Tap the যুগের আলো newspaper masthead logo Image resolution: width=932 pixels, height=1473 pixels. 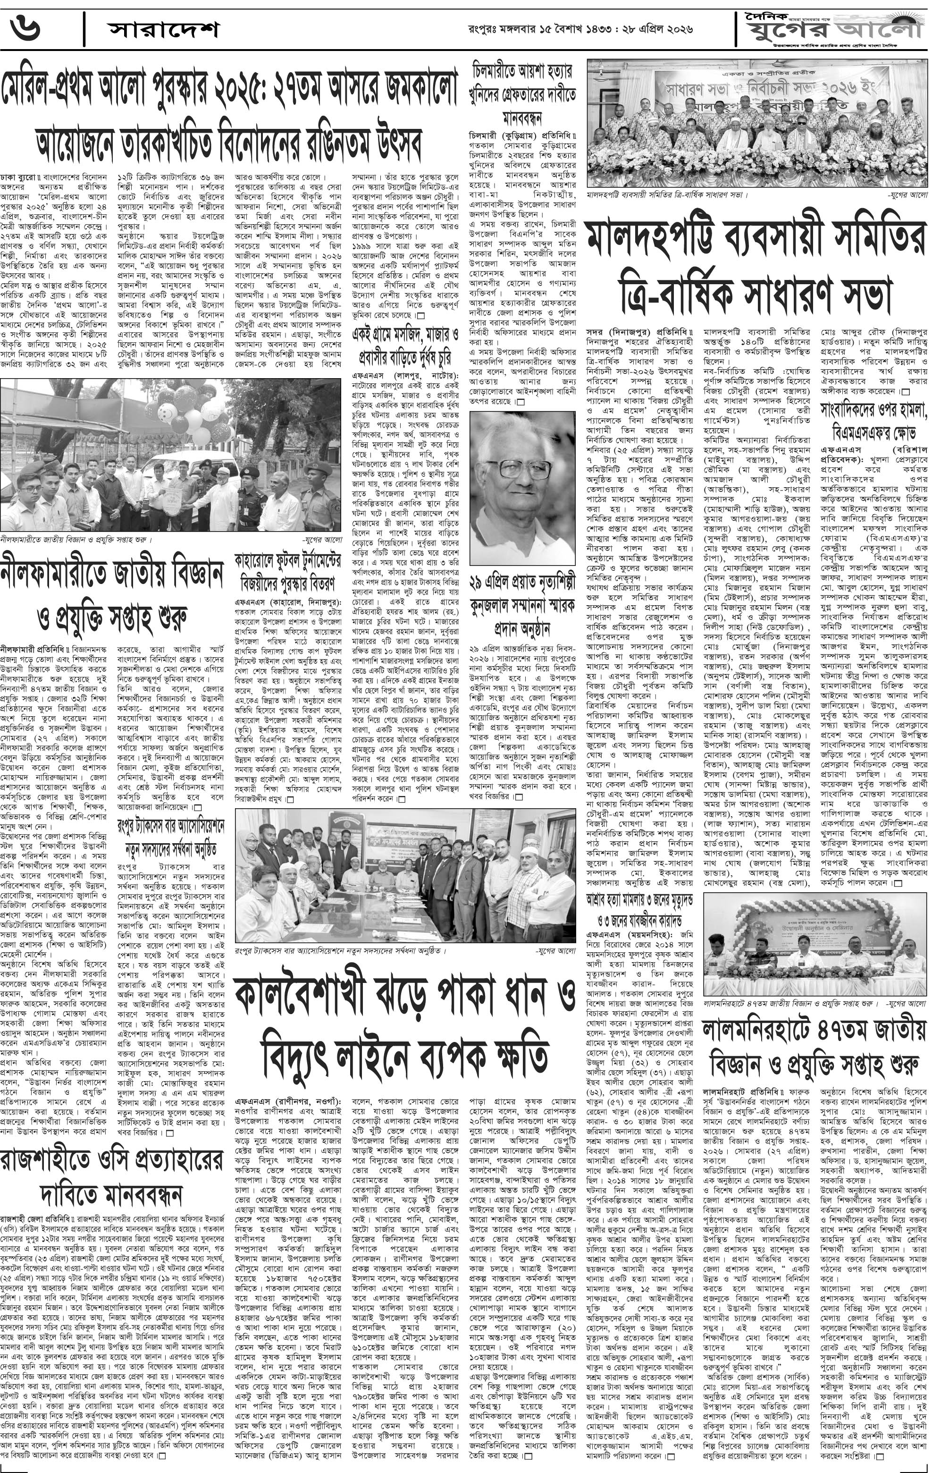(x=831, y=27)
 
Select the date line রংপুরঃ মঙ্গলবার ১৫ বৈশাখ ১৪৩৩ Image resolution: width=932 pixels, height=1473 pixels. (x=550, y=29)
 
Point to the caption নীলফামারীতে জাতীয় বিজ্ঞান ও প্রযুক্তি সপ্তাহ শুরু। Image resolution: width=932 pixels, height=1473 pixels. (x=76, y=540)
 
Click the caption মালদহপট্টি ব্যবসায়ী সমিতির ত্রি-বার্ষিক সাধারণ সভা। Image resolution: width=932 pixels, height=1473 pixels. (x=667, y=195)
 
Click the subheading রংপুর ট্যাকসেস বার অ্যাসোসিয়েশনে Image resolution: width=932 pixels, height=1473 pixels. (x=171, y=827)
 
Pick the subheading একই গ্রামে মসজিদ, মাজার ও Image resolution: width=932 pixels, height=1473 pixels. (x=405, y=335)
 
